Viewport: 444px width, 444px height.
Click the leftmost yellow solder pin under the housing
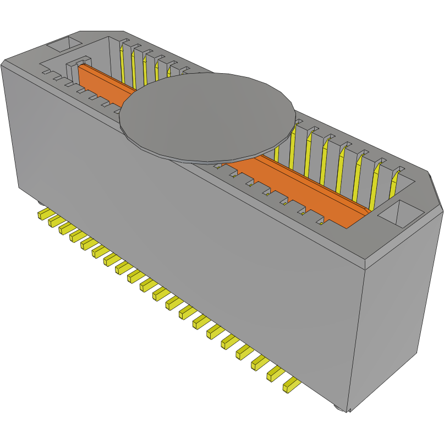tap(43, 213)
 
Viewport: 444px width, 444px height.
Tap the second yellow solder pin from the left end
tap(54, 221)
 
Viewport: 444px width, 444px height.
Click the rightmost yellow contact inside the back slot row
tap(394, 184)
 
